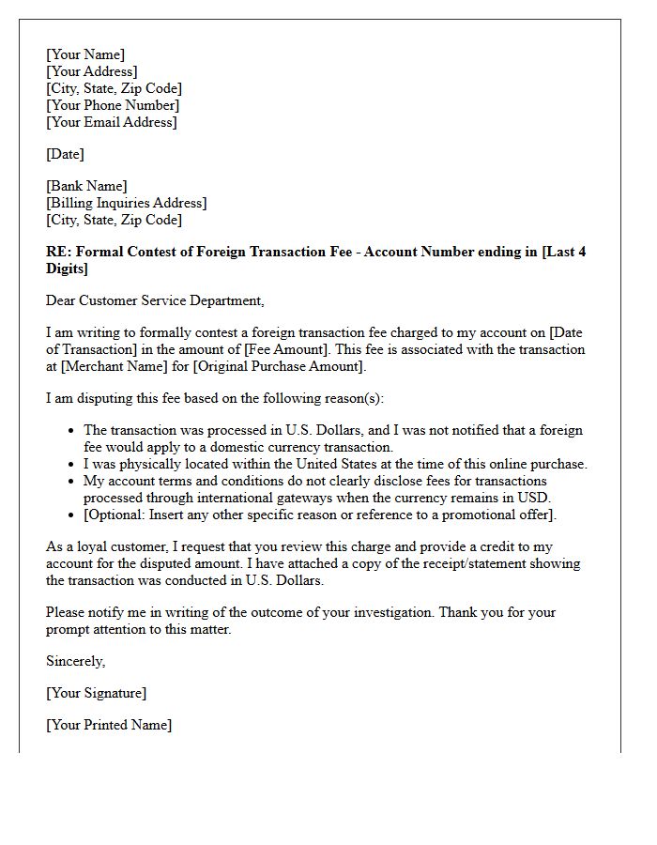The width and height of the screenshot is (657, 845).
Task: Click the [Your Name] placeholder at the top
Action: click(85, 54)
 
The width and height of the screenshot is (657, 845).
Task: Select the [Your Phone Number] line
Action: click(113, 105)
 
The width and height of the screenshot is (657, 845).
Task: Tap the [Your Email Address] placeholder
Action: click(112, 122)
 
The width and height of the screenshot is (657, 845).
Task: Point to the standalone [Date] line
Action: click(65, 154)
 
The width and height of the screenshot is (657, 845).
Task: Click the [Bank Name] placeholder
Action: click(86, 186)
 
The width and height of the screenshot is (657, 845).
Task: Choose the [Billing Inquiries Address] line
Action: click(127, 203)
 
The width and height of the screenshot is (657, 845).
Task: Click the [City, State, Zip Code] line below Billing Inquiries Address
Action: click(114, 220)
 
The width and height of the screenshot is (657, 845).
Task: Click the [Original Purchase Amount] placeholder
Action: click(278, 366)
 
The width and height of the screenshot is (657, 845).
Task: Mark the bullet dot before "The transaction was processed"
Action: click(72, 431)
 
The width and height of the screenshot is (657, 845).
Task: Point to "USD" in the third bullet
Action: click(532, 498)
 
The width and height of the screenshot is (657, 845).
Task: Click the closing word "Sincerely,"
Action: click(76, 661)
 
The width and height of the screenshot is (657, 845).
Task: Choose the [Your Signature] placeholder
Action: click(97, 693)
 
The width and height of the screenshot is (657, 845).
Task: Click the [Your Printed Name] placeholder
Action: click(109, 725)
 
